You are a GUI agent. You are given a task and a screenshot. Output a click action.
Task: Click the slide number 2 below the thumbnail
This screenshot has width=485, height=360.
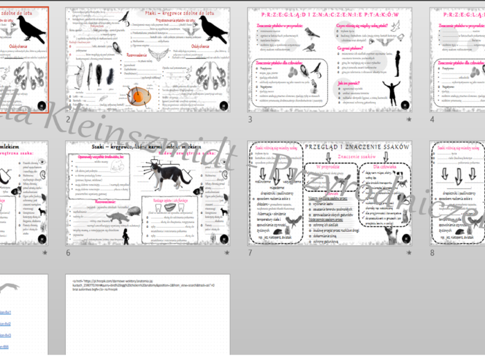tap(68, 119)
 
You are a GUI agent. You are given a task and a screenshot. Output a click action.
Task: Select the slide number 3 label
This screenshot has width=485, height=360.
tap(250, 119)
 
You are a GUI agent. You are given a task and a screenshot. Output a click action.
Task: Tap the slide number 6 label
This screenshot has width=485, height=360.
tap(68, 253)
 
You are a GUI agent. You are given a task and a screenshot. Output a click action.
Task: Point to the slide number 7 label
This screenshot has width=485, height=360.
tap(250, 253)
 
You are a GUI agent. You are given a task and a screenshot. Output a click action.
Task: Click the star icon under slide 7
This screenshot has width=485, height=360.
tap(409, 253)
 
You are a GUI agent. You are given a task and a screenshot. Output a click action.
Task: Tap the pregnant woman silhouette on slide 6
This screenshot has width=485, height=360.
tap(125, 235)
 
